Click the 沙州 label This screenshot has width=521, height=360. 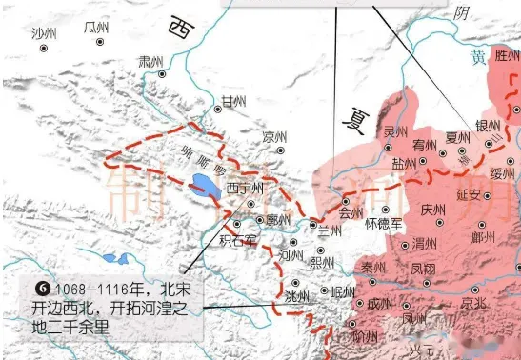pyautogui.click(x=44, y=33)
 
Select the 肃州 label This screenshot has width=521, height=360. pyautogui.click(x=150, y=61)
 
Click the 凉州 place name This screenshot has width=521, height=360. pyautogui.click(x=274, y=135)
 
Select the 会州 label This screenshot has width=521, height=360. pyautogui.click(x=351, y=213)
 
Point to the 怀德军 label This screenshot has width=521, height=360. pyautogui.click(x=385, y=223)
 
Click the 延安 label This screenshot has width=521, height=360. pyautogui.click(x=469, y=192)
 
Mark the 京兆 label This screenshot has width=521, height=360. pyautogui.click(x=473, y=303)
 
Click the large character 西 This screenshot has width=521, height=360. pyautogui.click(x=179, y=30)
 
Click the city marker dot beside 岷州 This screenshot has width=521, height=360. pyautogui.click(x=324, y=291)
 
